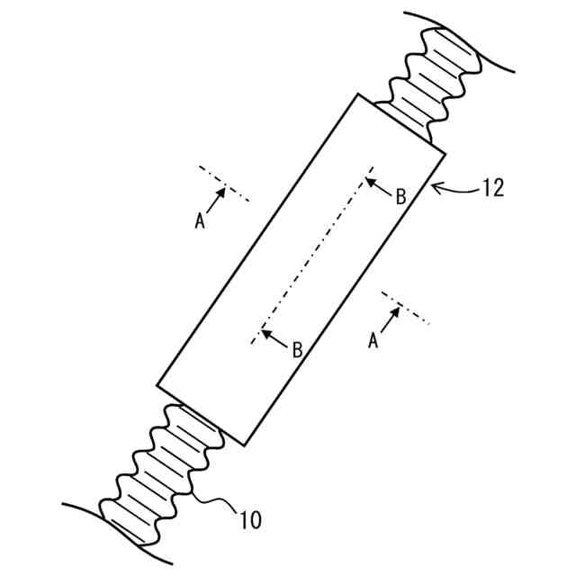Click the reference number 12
[493, 188]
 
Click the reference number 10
[251, 518]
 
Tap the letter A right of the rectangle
[373, 340]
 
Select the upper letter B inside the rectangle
[401, 196]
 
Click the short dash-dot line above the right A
[405, 307]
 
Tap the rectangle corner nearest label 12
[445, 153]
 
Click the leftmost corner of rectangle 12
[157, 388]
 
